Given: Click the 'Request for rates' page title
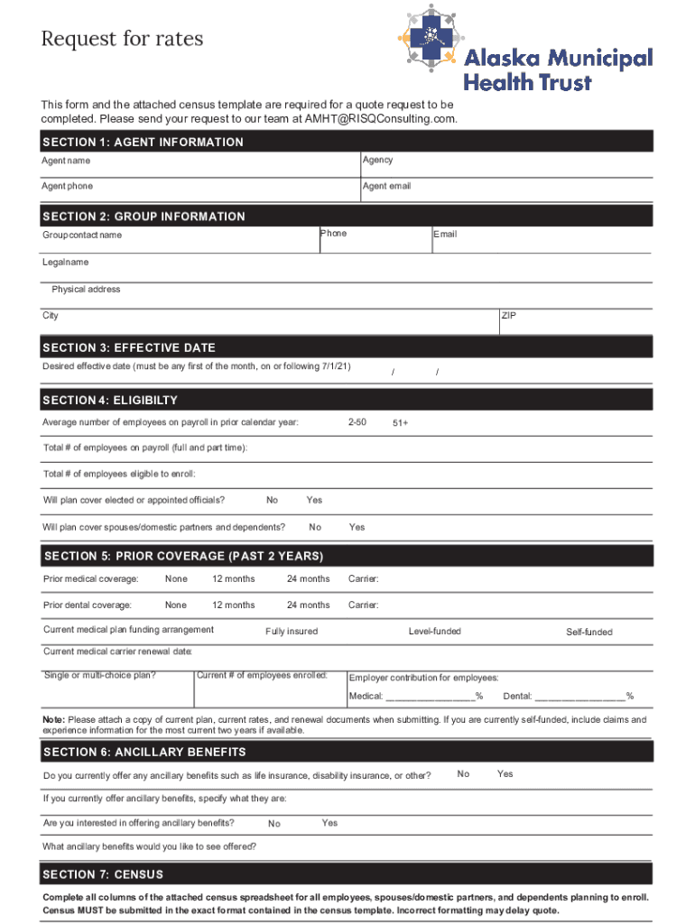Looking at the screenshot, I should pos(122,39).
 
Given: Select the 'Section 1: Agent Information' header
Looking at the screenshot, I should pos(143,142).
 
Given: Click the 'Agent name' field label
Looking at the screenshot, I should pos(66,161).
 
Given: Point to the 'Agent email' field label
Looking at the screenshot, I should pos(386,186).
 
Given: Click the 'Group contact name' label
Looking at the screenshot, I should pos(82,235).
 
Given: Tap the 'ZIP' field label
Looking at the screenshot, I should pos(508,316).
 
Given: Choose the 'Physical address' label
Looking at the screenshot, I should pos(86,290).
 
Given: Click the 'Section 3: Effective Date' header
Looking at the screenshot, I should pos(129,347).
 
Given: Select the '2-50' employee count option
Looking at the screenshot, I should pos(357,422).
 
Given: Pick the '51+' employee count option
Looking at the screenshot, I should pos(400,423).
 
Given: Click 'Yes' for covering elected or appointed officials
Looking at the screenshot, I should pos(314,500).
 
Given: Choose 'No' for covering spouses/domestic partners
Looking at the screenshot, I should pos(315,527).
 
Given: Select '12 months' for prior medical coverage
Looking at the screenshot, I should pos(233,578).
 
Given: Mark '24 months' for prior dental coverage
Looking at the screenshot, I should pos(308,605).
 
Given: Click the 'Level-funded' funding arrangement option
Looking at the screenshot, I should pos(434,631).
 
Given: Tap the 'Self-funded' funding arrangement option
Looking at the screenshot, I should pos(588,632).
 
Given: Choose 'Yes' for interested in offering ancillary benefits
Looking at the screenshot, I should pos(329,823).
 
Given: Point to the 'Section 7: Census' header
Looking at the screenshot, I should pos(103,874).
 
